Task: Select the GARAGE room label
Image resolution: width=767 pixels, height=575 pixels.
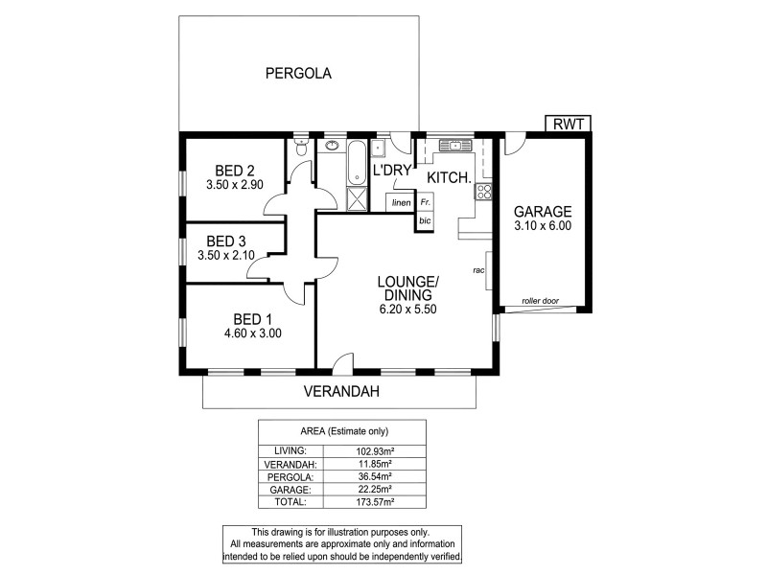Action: (x=543, y=212)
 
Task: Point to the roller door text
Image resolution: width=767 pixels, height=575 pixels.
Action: (x=540, y=300)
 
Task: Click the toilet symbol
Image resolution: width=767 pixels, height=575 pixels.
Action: (x=302, y=149)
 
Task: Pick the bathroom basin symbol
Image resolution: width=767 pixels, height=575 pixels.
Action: (x=333, y=147)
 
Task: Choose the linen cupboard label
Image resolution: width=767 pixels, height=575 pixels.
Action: (x=402, y=203)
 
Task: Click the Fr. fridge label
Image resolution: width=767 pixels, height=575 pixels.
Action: (x=425, y=203)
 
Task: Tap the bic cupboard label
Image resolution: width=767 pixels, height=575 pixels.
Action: (x=425, y=220)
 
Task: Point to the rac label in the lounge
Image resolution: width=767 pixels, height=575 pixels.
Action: (x=476, y=270)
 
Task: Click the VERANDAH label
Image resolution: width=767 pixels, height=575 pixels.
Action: (x=342, y=391)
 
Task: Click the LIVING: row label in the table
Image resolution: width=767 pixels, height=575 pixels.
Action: (x=290, y=449)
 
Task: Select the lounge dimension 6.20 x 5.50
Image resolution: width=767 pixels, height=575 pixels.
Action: (x=407, y=309)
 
